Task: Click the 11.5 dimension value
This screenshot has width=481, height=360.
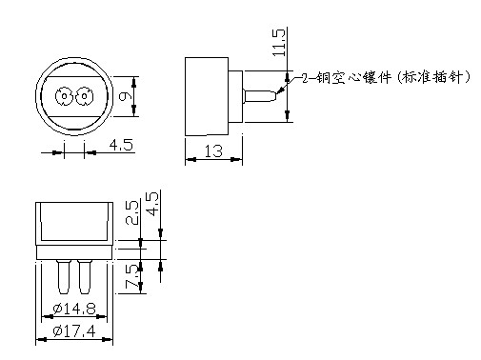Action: click(279, 43)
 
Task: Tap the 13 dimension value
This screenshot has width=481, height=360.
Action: click(213, 151)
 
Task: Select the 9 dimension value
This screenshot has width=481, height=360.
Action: click(124, 96)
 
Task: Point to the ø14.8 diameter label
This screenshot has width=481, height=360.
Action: click(74, 308)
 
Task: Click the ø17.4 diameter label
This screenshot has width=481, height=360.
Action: click(74, 331)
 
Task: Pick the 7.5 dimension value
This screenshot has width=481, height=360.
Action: click(132, 276)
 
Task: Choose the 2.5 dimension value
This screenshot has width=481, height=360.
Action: click(132, 213)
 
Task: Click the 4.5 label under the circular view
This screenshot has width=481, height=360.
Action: click(121, 145)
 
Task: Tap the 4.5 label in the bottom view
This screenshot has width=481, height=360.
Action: click(152, 204)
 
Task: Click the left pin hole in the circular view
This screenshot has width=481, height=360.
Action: click(65, 95)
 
